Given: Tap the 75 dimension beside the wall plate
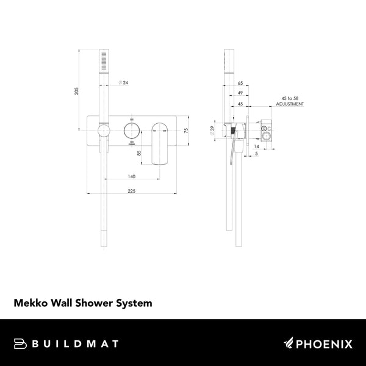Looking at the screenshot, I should [x=187, y=130].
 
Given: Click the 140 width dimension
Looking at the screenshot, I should [x=131, y=176].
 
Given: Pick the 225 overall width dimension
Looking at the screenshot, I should [x=131, y=192].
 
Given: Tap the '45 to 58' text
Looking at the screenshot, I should [x=291, y=98].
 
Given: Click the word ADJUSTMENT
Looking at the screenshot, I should [x=291, y=104].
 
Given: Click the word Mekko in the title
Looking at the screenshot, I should [x=30, y=302].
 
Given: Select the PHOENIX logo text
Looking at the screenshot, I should [x=324, y=344].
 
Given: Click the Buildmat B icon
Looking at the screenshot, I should [x=20, y=344].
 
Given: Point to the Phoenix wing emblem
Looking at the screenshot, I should [x=289, y=343].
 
